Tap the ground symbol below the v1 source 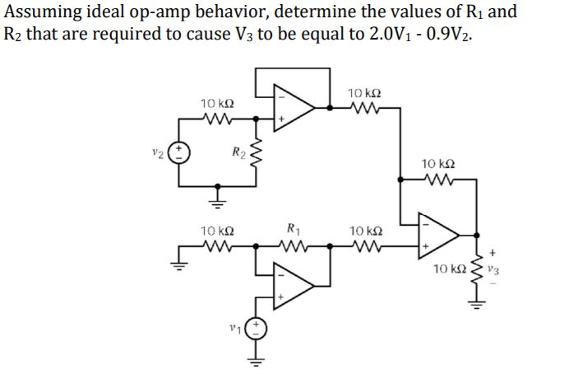click(256, 361)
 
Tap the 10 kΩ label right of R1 click(362, 231)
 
